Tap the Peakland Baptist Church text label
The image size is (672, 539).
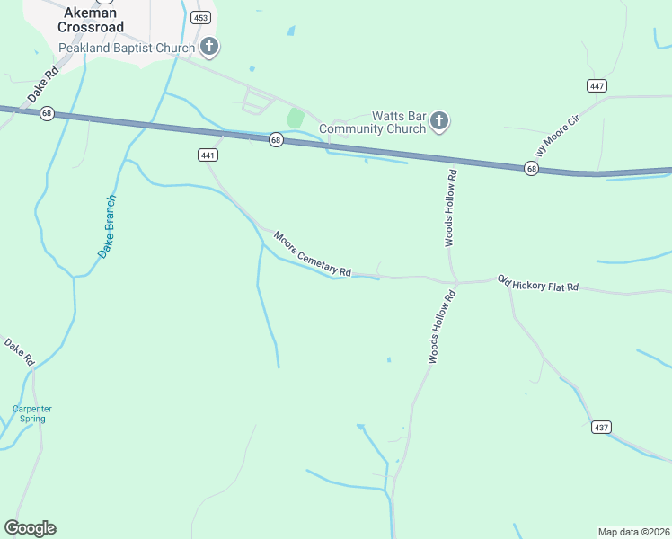coord(126,47)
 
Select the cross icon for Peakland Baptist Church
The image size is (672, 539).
coord(209,46)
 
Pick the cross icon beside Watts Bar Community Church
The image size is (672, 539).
coord(439,121)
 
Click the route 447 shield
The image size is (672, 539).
coord(597,85)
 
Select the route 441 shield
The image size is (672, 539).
coord(208,155)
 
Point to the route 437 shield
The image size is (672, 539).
coord(601,427)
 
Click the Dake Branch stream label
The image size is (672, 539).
coord(107,226)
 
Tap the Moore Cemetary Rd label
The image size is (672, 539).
coord(312,254)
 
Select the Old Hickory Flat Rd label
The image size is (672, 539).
coord(538,285)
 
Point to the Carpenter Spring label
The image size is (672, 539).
coord(32,413)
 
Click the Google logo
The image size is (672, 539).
coord(30,528)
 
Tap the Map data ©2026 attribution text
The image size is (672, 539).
coord(632,532)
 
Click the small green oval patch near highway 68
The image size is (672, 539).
coord(295,119)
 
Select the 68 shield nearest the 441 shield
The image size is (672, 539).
coord(276,139)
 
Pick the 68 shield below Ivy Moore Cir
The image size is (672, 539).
coord(532,169)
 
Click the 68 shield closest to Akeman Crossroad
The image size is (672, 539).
coord(47,113)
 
